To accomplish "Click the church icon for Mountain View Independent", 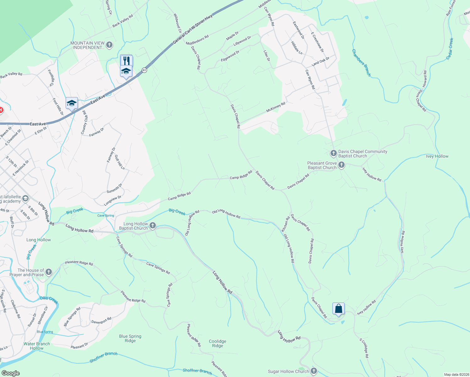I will tap(109, 45).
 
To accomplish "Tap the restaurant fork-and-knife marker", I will tap(126, 60).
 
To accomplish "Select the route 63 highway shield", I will tap(144, 70).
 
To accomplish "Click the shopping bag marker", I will tap(338, 309).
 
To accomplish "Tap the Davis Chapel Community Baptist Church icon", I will tap(333, 153).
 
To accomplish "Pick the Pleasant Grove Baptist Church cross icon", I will tap(342, 165).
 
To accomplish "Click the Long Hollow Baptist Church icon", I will tap(152, 225).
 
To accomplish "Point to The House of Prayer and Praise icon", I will tap(48, 272).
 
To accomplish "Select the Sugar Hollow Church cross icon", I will tap(314, 371).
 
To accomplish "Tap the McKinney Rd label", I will tap(276, 107).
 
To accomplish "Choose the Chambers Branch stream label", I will tap(361, 63).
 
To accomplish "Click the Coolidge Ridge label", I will tap(217, 343).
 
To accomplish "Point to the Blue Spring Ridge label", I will tap(130, 338).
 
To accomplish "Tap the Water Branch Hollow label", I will tap(37, 346).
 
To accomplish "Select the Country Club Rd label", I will tap(84, 122).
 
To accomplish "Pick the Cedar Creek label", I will tap(450, 49).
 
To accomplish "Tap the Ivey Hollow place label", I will tap(437, 156).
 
